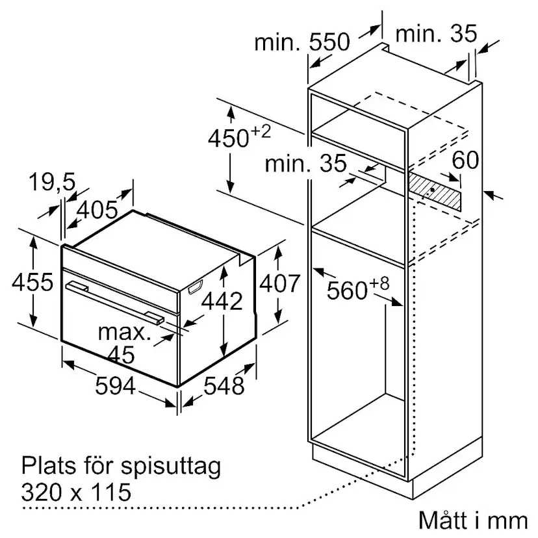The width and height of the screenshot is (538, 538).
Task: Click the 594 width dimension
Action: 115,385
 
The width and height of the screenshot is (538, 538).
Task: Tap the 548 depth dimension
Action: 224,385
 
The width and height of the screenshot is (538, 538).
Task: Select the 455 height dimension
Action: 32,282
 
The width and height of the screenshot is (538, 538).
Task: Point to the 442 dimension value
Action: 222,301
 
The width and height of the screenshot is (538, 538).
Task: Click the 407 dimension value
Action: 279,283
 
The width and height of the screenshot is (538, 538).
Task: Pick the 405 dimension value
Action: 97,210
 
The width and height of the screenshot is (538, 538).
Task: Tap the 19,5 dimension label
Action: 52,182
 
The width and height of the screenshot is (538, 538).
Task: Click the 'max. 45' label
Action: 124,343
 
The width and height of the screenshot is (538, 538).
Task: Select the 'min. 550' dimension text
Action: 302,42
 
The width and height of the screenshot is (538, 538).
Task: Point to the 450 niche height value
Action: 228,138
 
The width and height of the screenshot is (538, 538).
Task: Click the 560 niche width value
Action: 347,290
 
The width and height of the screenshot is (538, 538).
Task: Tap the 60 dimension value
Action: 465,160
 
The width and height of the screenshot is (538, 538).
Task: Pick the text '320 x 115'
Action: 76,492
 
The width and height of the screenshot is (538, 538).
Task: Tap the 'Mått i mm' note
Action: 473,520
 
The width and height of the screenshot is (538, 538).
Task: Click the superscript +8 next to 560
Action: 379,284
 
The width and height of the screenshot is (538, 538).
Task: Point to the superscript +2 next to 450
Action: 261,132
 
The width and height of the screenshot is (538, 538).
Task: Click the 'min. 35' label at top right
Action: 436,34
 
